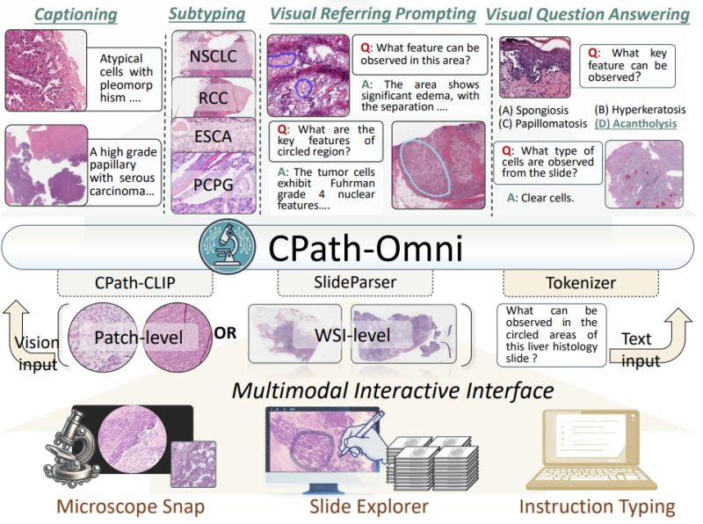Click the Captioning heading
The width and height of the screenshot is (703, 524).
pyautogui.click(x=76, y=14)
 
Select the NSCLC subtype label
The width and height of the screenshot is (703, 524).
pyautogui.click(x=213, y=56)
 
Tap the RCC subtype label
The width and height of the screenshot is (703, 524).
pyautogui.click(x=213, y=98)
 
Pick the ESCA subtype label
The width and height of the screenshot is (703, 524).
pyautogui.click(x=213, y=136)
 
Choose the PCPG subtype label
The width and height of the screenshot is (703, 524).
pyautogui.click(x=213, y=185)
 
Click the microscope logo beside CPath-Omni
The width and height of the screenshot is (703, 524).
pyautogui.click(x=228, y=246)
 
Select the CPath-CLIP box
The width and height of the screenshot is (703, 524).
pyautogui.click(x=135, y=282)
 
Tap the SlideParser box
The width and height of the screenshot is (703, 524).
pyautogui.click(x=355, y=282)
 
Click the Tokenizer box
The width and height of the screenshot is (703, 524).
pyautogui.click(x=581, y=282)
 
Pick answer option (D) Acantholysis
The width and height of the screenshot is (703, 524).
pyautogui.click(x=635, y=123)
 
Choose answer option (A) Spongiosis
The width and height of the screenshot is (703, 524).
pyautogui.click(x=533, y=111)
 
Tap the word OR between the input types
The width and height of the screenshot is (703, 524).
pyautogui.click(x=225, y=333)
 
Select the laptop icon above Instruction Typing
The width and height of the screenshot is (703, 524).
pyautogui.click(x=591, y=449)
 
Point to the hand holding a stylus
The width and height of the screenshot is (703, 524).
pyautogui.click(x=361, y=433)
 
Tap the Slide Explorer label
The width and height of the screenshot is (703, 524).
pyautogui.click(x=368, y=506)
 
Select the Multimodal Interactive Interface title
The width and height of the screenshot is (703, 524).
pyautogui.click(x=393, y=390)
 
